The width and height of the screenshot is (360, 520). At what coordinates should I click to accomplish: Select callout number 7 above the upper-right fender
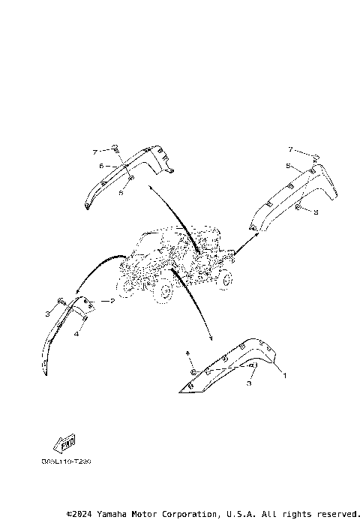pyautogui.click(x=290, y=150)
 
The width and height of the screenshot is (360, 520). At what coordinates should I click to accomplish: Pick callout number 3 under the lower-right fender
pyautogui.click(x=250, y=383)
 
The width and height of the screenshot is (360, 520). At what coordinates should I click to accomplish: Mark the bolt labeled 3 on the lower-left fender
pyautogui.click(x=59, y=311)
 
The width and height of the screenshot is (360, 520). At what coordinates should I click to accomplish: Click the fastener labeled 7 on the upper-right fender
pyautogui.click(x=316, y=157)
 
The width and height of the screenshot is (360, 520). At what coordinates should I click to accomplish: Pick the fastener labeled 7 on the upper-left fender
pyautogui.click(x=116, y=148)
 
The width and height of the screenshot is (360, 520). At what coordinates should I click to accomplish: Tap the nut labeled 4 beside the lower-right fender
pyautogui.click(x=193, y=371)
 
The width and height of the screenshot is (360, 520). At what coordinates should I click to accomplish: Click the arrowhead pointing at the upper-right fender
pyautogui.click(x=256, y=234)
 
